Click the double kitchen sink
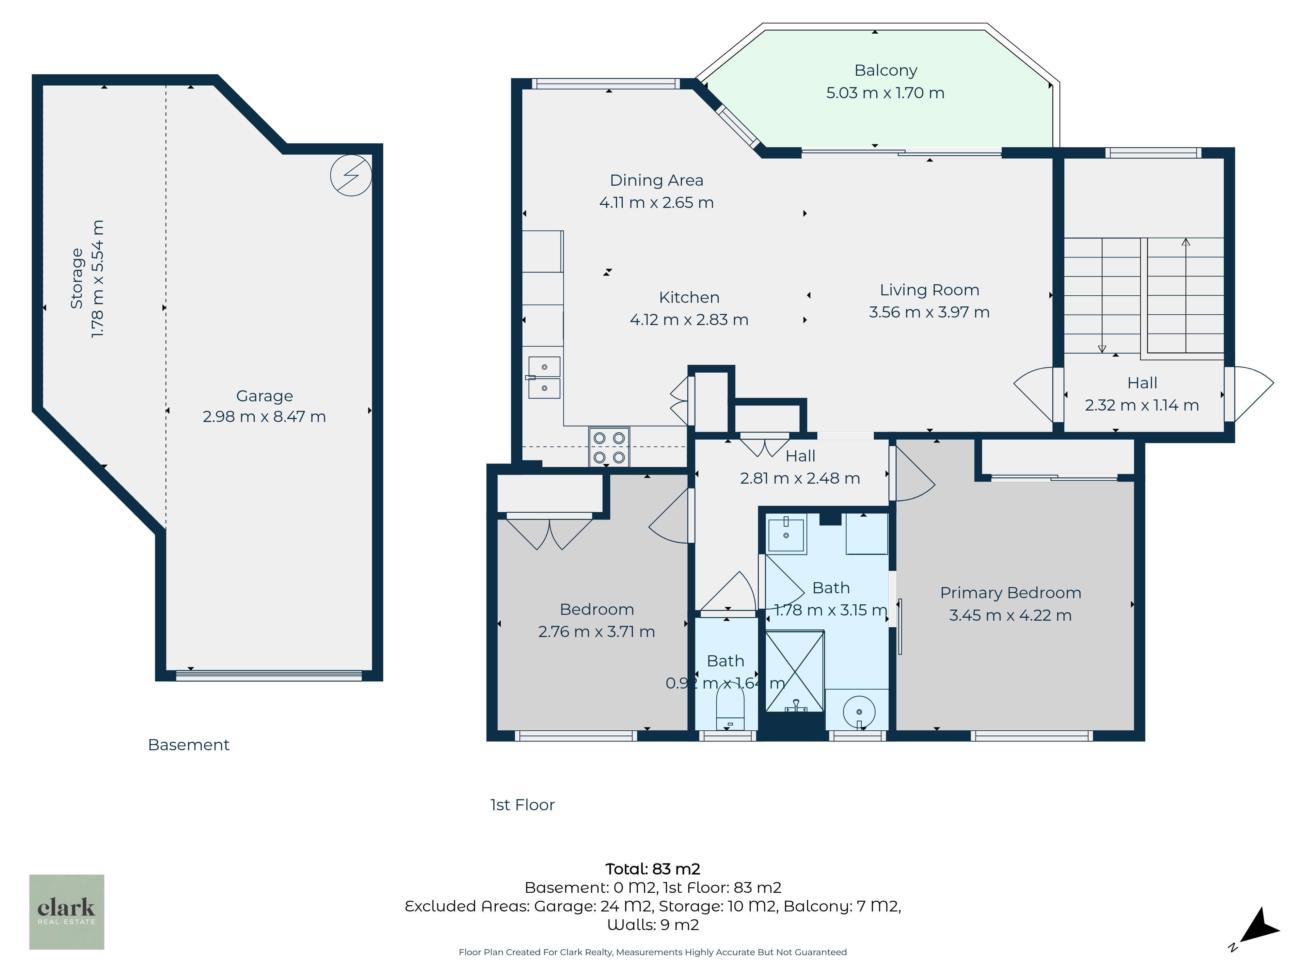click(544, 378)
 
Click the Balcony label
click(885, 70)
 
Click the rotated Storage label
click(77, 279)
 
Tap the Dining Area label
click(657, 180)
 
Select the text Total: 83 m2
click(653, 869)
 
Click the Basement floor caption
click(188, 745)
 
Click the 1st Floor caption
click(522, 805)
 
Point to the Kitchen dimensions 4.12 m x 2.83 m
click(689, 320)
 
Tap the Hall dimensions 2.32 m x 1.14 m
click(1142, 405)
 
